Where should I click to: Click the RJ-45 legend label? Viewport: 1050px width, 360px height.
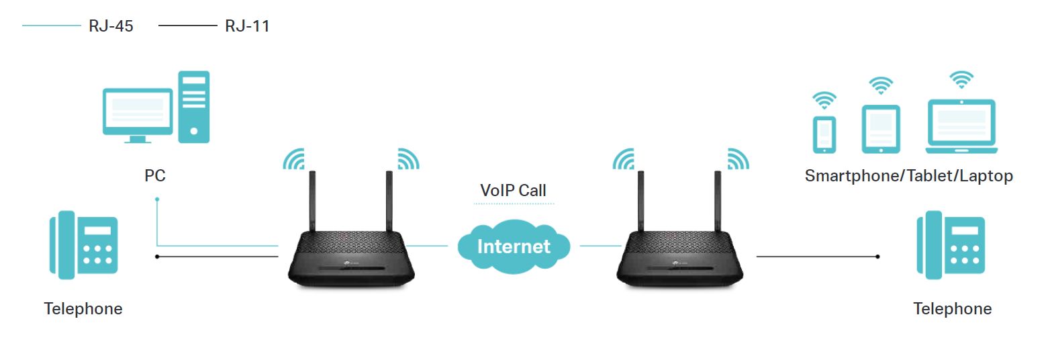[x=111, y=27]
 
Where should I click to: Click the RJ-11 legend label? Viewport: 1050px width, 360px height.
[x=247, y=27]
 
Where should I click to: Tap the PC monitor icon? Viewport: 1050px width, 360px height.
[x=137, y=114]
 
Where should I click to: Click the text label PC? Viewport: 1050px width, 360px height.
[x=154, y=176]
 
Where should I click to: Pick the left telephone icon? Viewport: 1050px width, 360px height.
[x=83, y=245]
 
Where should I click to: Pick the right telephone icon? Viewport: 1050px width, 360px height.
[x=951, y=245]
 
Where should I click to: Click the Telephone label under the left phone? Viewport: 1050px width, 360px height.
[x=83, y=309]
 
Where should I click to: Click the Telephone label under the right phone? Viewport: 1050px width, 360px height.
[x=952, y=309]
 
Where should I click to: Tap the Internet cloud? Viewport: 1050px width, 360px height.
[x=514, y=246]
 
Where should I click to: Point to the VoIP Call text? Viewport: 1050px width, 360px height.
[x=514, y=191]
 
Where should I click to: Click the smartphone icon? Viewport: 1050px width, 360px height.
[x=824, y=135]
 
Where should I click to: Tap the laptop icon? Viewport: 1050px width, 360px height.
[x=961, y=126]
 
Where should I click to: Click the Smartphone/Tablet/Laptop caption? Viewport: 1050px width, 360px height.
[x=908, y=176]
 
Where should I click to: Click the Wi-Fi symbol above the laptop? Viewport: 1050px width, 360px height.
[x=961, y=79]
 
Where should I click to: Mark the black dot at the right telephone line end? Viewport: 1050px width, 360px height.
[x=878, y=257]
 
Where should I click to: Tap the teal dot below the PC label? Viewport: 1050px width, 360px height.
[x=157, y=199]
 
